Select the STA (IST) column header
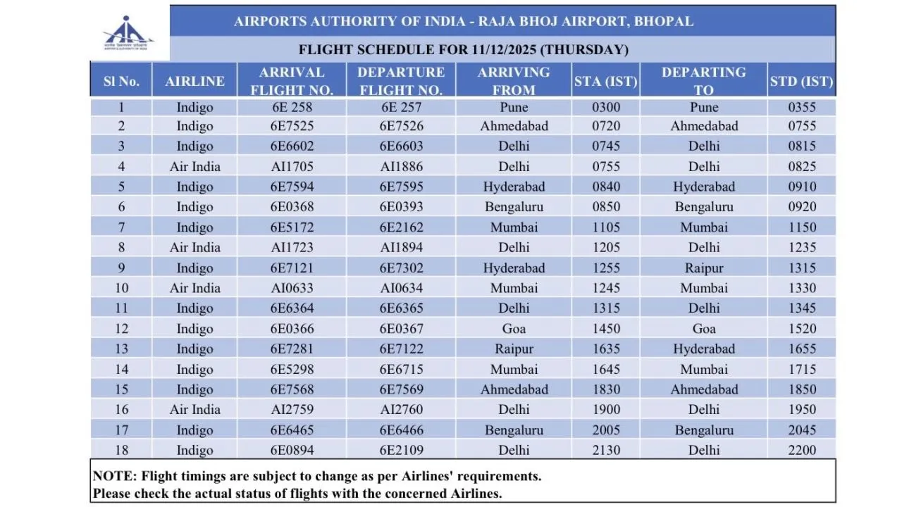click(605, 81)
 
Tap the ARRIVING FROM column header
click(514, 80)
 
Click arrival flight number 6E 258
click(291, 107)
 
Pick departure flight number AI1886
click(400, 167)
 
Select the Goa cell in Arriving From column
click(514, 329)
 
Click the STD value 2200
click(802, 451)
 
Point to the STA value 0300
click(606, 107)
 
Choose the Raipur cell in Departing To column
click(703, 268)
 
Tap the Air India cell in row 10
click(194, 288)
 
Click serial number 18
click(121, 451)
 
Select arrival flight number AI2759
click(291, 410)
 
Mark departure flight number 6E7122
click(400, 349)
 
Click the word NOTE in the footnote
click(112, 476)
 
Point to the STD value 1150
click(802, 227)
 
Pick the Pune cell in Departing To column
click(703, 107)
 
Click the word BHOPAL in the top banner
click(663, 21)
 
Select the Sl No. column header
click(121, 81)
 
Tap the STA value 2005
click(606, 430)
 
